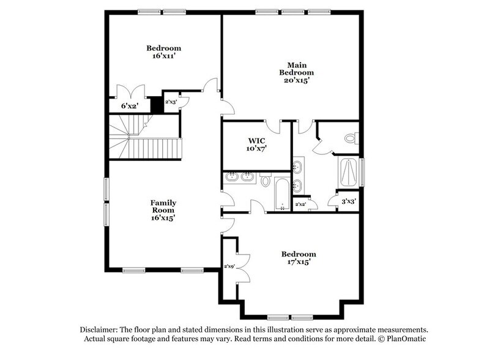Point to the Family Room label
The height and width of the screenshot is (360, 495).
[163, 207]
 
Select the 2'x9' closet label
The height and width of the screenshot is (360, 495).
[229, 266]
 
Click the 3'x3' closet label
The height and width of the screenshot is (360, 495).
[348, 201]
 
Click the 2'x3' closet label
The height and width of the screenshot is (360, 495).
[171, 102]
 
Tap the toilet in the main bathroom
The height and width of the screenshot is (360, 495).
[351, 138]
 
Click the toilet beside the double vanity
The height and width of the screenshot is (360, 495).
[266, 180]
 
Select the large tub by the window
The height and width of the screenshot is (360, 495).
[349, 173]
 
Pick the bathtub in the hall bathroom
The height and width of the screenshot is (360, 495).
[282, 193]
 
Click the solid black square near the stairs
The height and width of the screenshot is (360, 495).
[157, 105]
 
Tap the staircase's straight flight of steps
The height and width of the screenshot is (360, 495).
[156, 148]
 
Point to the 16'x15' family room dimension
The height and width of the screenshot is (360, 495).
[163, 218]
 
